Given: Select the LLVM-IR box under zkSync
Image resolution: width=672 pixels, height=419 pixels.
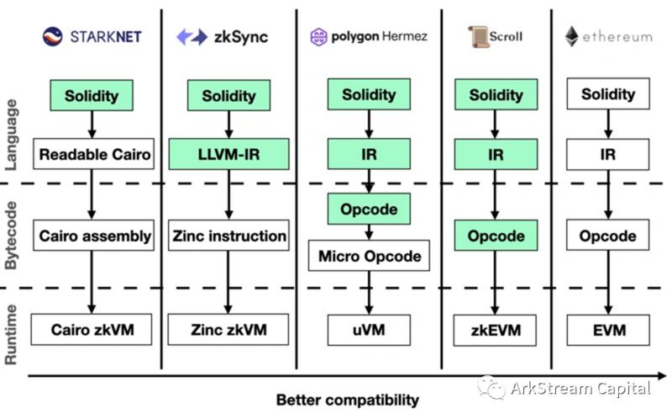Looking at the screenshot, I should [228, 154].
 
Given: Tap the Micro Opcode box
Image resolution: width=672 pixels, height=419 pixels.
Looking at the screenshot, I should [369, 256].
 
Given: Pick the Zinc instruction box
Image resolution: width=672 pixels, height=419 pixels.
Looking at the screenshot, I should [228, 236].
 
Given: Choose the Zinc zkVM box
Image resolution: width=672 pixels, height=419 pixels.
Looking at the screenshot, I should [228, 329].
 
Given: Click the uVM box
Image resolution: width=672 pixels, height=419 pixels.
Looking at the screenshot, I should [369, 329].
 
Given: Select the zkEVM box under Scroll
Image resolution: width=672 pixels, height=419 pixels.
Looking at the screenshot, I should [495, 329].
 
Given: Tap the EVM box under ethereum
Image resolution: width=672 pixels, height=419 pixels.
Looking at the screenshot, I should [608, 329].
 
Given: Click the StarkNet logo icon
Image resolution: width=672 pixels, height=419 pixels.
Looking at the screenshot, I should [52, 36].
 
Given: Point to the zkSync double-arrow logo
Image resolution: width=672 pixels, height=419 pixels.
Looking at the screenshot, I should [192, 36].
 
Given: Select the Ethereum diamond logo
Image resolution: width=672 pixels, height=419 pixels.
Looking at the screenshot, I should [571, 36].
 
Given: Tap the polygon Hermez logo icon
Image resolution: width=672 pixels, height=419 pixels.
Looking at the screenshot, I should [318, 37].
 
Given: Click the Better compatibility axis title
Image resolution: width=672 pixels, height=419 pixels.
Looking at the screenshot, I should [347, 399].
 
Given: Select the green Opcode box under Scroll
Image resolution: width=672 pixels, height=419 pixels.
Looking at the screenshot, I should [495, 236].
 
